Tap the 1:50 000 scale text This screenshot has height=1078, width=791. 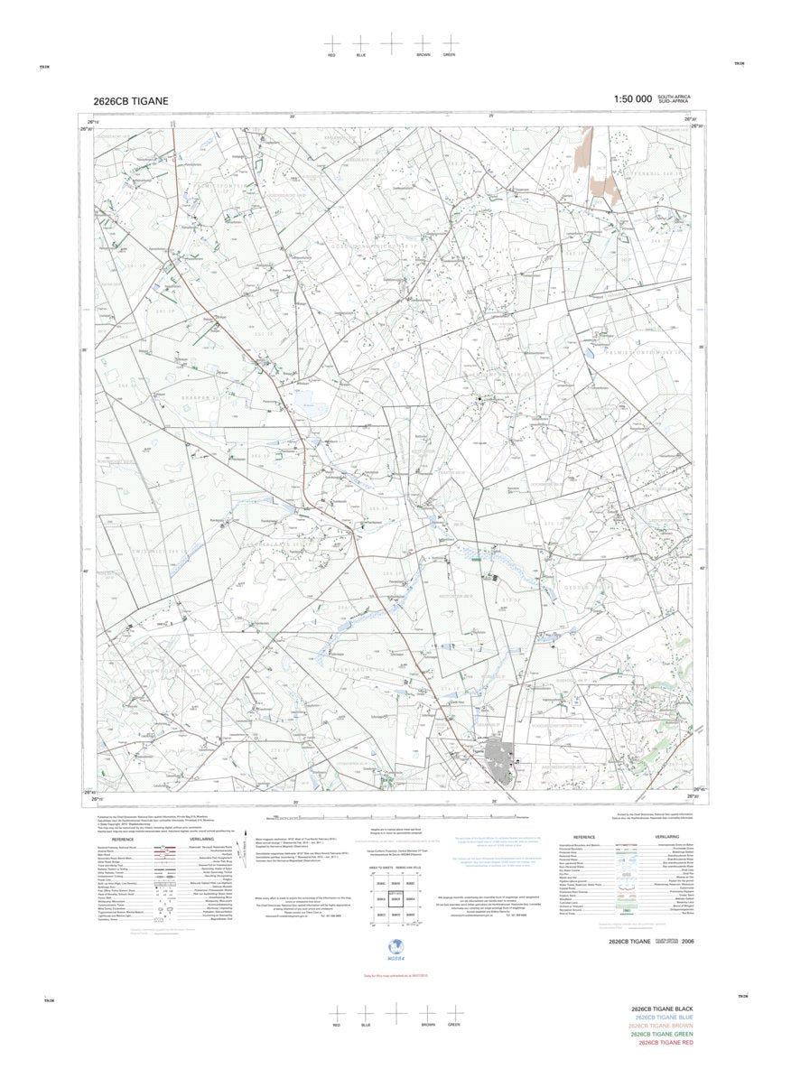tap(632, 99)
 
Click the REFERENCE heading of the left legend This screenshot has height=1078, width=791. tap(124, 839)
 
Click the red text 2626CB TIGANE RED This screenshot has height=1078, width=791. tap(667, 1043)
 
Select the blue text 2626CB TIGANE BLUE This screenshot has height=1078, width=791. tap(667, 1017)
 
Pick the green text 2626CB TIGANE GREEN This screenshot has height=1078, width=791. tap(667, 1034)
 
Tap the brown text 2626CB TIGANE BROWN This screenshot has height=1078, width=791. tap(667, 1026)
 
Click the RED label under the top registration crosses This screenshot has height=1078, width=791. tap(332, 55)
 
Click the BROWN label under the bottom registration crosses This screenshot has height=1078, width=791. tap(425, 1025)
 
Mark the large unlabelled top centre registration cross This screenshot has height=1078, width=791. tap(391, 42)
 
